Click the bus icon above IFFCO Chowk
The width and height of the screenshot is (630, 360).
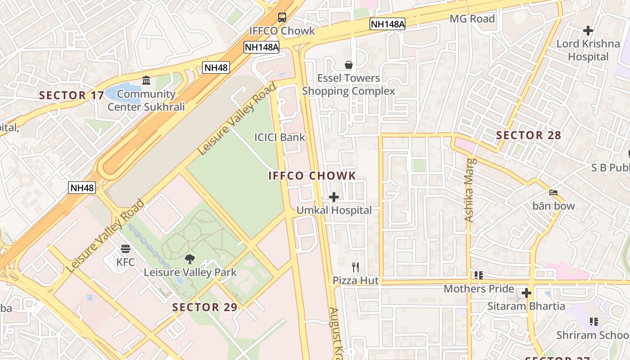(282, 18)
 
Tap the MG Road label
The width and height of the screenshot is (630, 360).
(472, 19)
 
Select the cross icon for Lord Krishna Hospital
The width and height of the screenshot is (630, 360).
(588, 31)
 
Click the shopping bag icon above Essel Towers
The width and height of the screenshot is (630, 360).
(348, 65)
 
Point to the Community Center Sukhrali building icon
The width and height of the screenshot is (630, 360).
(146, 81)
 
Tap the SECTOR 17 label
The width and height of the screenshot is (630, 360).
(71, 95)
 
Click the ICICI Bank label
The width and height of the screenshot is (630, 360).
(279, 137)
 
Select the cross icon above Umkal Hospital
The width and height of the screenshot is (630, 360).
(334, 197)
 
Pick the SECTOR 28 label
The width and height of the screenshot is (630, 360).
(528, 135)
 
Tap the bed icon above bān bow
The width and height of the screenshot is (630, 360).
(553, 193)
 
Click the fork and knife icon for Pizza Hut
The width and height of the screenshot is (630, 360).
(355, 267)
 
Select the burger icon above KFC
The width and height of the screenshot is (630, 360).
(126, 249)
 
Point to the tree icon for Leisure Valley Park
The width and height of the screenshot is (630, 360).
(190, 259)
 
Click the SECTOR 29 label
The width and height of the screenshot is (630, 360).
(205, 307)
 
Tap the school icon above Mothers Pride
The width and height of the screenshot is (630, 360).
(478, 275)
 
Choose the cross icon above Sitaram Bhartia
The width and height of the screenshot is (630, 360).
(526, 293)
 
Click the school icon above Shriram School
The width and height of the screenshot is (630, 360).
(594, 322)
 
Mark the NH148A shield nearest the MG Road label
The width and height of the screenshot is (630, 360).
(387, 24)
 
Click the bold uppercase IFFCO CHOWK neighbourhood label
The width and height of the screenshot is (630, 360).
(312, 176)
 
